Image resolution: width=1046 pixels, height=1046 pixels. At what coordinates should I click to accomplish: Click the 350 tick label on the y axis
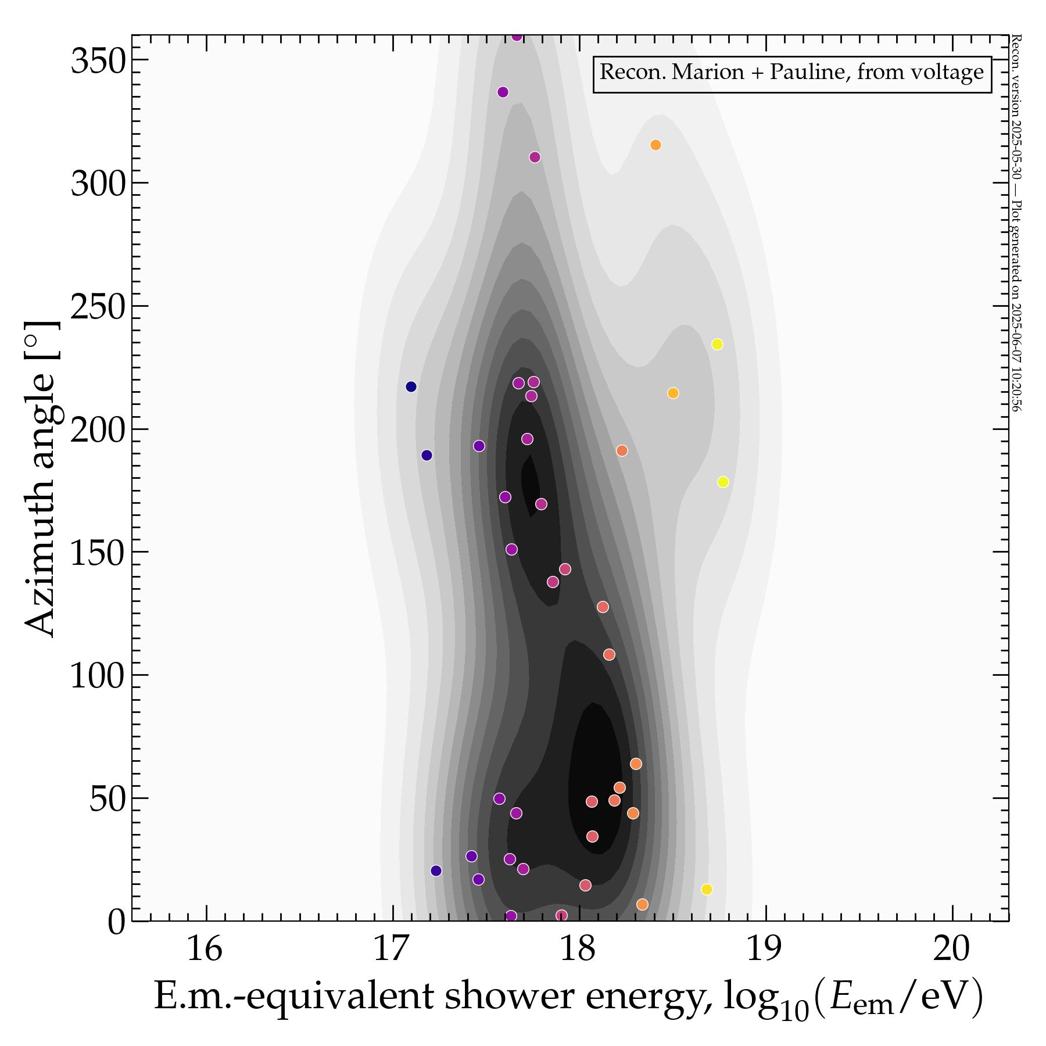click(x=98, y=62)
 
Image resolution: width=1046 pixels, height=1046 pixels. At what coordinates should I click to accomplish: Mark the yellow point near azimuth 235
click(x=718, y=344)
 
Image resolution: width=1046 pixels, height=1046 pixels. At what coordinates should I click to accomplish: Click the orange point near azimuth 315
click(x=655, y=145)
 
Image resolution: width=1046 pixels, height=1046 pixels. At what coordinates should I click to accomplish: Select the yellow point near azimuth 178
click(x=723, y=482)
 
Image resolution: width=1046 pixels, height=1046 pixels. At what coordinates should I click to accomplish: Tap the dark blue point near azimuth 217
click(x=411, y=386)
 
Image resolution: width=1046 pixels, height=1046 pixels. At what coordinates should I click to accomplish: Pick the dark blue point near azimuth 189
click(x=427, y=455)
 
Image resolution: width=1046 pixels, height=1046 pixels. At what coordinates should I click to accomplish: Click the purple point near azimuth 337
click(x=503, y=92)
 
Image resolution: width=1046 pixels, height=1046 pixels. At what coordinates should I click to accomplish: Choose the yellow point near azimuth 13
click(x=707, y=889)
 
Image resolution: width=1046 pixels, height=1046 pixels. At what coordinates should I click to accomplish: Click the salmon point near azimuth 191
click(x=622, y=450)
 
